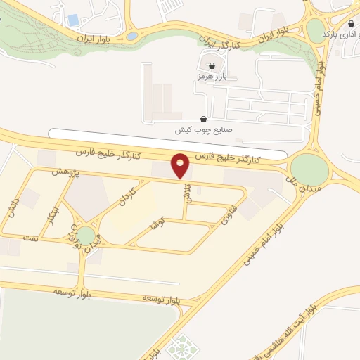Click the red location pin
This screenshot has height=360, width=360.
(x=181, y=165)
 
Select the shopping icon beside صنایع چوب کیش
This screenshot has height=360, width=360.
(x=204, y=119)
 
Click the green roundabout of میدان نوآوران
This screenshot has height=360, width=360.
(x=85, y=236)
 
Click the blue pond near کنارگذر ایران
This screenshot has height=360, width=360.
(x=131, y=36)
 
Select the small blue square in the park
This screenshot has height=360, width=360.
(x=74, y=20)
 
